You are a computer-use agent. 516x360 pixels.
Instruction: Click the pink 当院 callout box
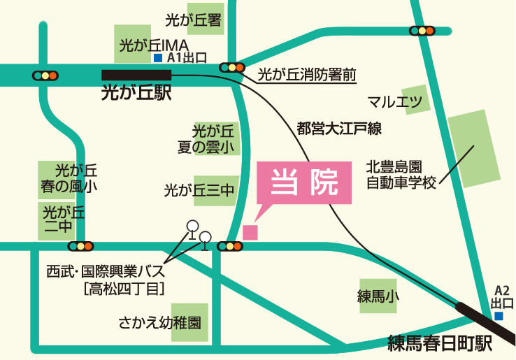click(x=304, y=182)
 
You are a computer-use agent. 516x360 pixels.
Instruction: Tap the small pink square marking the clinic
click(x=250, y=232)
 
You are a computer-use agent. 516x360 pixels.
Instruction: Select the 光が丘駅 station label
click(x=136, y=92)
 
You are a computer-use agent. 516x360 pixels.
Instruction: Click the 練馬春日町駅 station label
click(x=440, y=343)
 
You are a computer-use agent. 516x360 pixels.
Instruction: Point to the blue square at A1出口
click(x=158, y=58)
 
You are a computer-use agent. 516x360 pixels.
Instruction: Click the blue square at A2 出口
click(x=499, y=316)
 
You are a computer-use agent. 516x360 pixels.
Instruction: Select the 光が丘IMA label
click(x=151, y=45)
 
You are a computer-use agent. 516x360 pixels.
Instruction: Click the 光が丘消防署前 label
click(x=307, y=73)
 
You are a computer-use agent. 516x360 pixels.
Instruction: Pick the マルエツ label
click(x=395, y=101)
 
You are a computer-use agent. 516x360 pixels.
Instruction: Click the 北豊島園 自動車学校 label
click(x=401, y=175)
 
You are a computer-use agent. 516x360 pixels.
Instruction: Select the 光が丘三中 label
click(x=200, y=189)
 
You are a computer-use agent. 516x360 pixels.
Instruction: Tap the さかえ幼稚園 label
click(x=159, y=323)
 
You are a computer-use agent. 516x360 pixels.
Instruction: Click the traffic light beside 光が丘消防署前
click(x=231, y=68)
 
